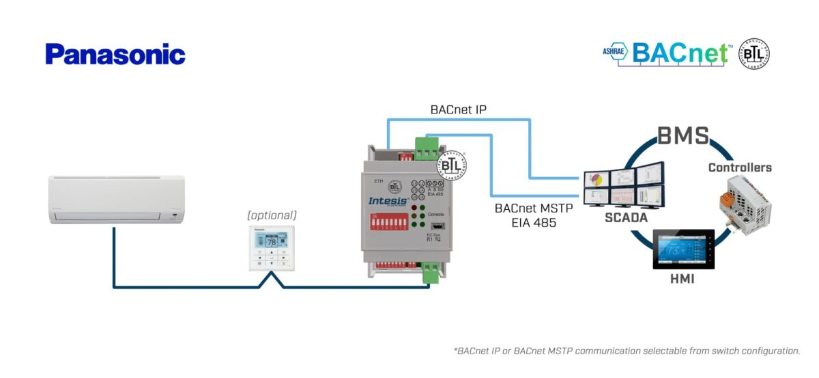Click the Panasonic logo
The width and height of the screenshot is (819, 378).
tap(115, 55)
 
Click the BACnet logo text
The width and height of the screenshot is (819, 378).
tap(680, 53)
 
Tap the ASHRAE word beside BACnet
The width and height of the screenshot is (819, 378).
tap(615, 51)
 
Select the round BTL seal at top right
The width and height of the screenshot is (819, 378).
tap(754, 53)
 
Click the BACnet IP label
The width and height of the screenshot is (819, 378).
tap(458, 109)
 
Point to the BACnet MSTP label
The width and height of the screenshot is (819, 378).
tap(534, 208)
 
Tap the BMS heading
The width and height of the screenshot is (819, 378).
tap(682, 136)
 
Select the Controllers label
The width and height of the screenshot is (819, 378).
tap(740, 167)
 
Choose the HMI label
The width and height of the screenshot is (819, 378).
tap(682, 279)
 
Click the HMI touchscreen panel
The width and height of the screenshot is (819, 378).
tap(683, 250)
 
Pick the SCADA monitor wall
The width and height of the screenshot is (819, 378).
tap(622, 186)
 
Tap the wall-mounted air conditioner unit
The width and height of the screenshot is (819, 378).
tap(117, 199)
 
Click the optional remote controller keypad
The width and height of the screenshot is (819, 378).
tap(272, 247)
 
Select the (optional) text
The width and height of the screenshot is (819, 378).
tap(272, 215)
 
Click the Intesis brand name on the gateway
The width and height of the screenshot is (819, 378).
tap(388, 201)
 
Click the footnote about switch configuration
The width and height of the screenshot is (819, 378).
tap(627, 351)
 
